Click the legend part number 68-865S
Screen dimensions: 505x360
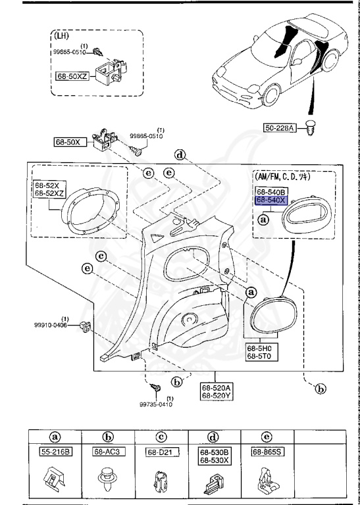(267, 452)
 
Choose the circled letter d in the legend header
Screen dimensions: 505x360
(213, 436)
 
